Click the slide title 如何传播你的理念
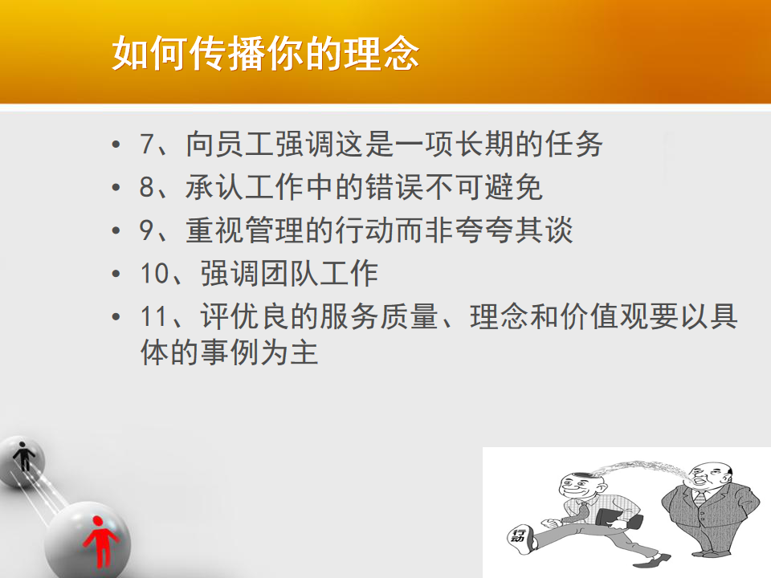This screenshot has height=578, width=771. [x=266, y=53]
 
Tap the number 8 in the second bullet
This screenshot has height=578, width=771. [x=147, y=187]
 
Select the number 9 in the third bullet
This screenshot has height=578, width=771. [x=147, y=230]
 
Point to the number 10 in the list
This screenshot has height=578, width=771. [x=155, y=273]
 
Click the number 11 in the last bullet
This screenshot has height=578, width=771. [x=155, y=316]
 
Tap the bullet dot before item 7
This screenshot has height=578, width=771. [x=116, y=144]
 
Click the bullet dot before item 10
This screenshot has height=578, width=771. [x=116, y=274]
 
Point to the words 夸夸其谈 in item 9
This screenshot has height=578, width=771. [x=514, y=230]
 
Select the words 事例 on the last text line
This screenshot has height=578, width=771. [x=230, y=352]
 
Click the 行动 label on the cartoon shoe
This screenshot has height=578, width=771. [x=518, y=535]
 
